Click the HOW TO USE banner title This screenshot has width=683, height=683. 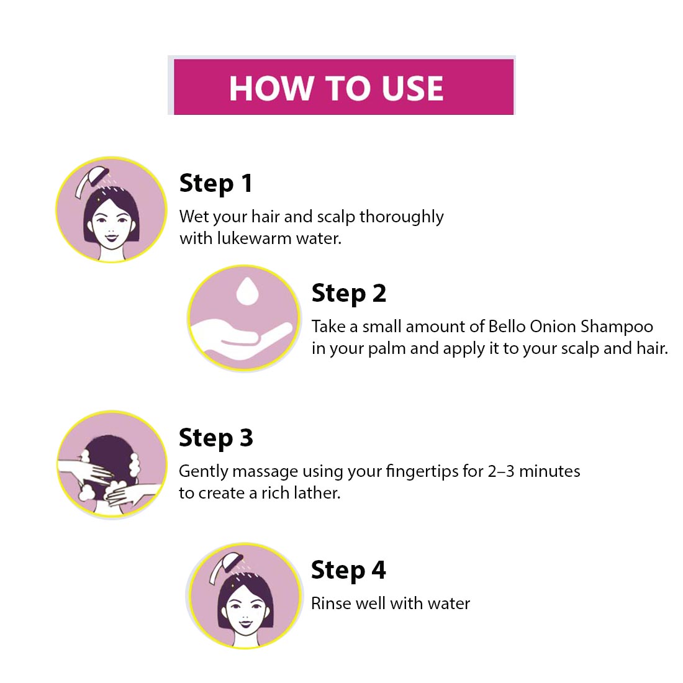tap(337, 88)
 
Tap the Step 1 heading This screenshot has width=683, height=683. tap(215, 184)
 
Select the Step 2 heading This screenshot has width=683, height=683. tap(348, 294)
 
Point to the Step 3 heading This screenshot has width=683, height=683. tap(215, 438)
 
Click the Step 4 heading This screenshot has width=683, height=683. tap(348, 571)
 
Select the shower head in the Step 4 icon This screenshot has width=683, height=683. tap(225, 568)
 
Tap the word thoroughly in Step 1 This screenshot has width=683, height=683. tap(402, 217)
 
